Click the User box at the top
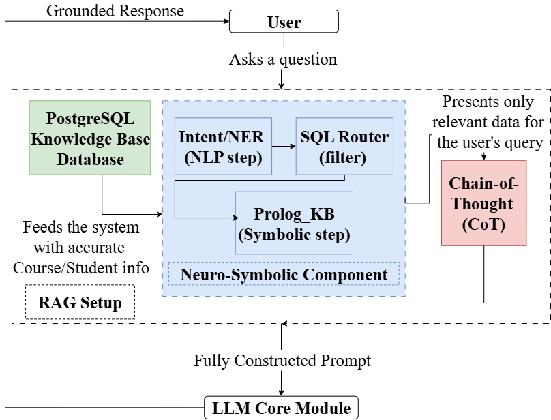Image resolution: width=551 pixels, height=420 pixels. [x=284, y=21]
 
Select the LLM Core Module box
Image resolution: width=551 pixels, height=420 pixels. [x=281, y=408]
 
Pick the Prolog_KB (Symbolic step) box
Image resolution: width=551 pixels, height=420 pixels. [x=294, y=223]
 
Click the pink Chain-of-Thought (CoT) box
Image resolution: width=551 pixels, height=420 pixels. [x=483, y=202]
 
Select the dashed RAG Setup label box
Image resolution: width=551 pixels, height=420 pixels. [x=79, y=302]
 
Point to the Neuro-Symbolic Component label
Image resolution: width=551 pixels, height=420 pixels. [x=284, y=275]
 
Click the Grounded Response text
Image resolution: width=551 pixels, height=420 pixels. [x=115, y=10]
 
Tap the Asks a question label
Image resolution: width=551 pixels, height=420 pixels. [x=282, y=59]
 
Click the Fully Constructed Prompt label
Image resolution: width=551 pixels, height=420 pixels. [x=282, y=360]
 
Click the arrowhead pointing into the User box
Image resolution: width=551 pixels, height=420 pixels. [x=225, y=21]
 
